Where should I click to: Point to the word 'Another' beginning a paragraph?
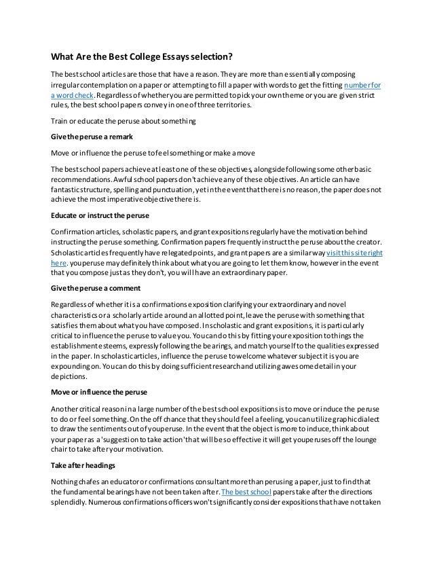point(67,408)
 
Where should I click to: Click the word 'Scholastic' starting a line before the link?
point(70,252)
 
